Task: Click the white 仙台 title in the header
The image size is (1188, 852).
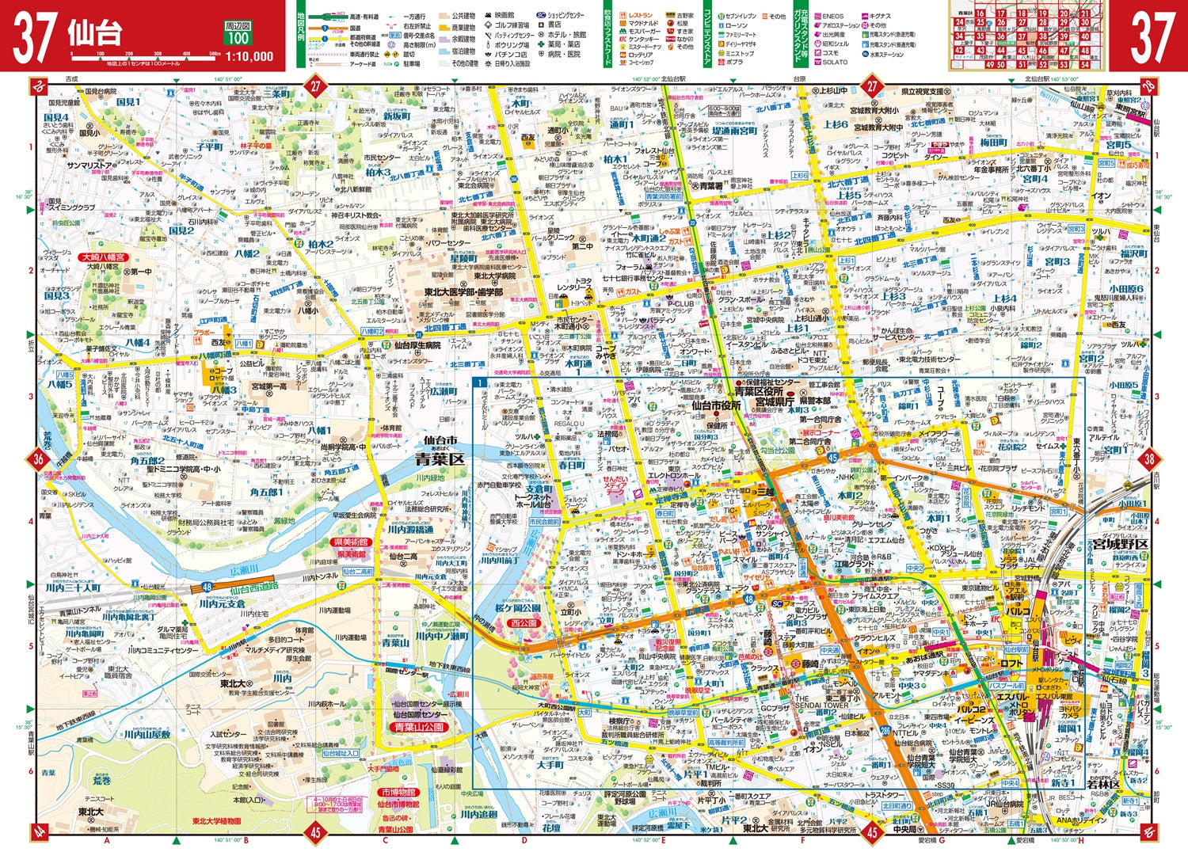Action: (95, 33)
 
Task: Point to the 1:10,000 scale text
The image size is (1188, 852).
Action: (249, 56)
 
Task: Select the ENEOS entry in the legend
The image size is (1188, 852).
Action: (832, 16)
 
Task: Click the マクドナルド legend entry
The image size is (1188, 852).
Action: (644, 25)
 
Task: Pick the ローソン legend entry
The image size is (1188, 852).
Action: (736, 25)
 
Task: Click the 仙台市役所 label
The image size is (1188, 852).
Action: (715, 405)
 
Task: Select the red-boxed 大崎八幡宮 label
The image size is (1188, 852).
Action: (105, 257)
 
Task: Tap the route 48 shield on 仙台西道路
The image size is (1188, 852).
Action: (206, 587)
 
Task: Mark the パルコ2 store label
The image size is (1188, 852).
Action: (972, 709)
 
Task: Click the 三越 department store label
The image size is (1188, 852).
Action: (763, 492)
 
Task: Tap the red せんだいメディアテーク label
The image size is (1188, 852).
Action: (615, 486)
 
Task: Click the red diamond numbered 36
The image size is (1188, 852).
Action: (38, 459)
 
